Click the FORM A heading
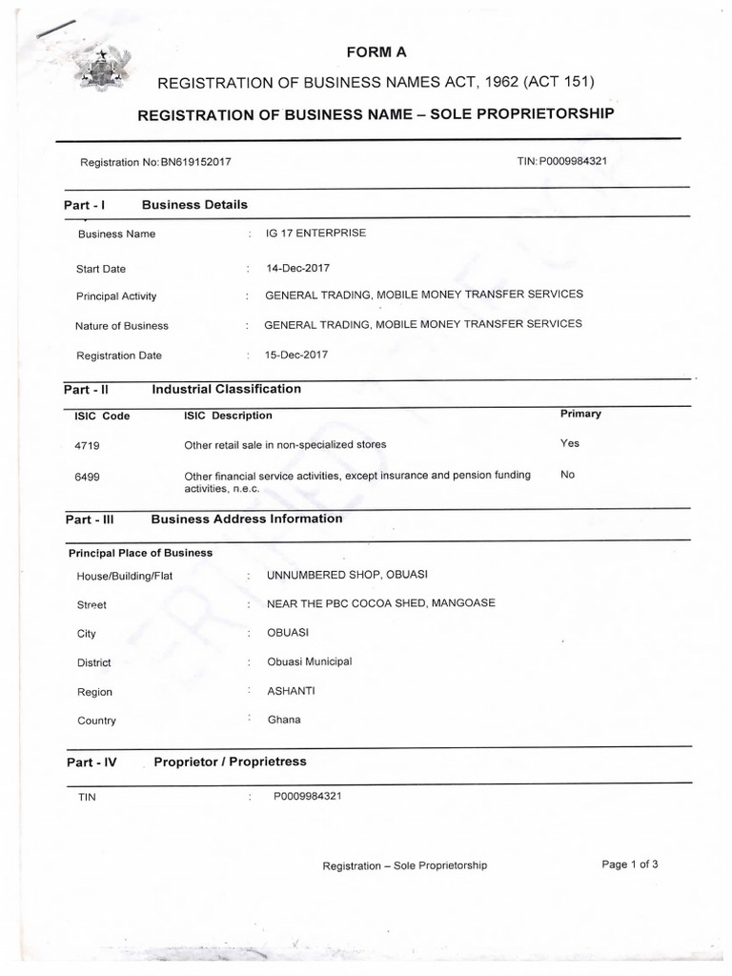376,51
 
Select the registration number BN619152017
195,162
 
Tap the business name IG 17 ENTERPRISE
315,233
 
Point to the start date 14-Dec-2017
297,268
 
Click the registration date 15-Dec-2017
296,355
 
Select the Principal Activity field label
116,296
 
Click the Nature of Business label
122,326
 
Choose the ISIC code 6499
87,476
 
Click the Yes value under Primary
570,443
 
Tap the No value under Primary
568,475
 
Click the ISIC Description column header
228,416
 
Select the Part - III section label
90,519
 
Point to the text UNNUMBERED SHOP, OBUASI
347,575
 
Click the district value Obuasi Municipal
310,661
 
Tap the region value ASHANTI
291,691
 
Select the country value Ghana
284,720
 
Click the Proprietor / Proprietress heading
230,762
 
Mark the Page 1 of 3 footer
630,864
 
